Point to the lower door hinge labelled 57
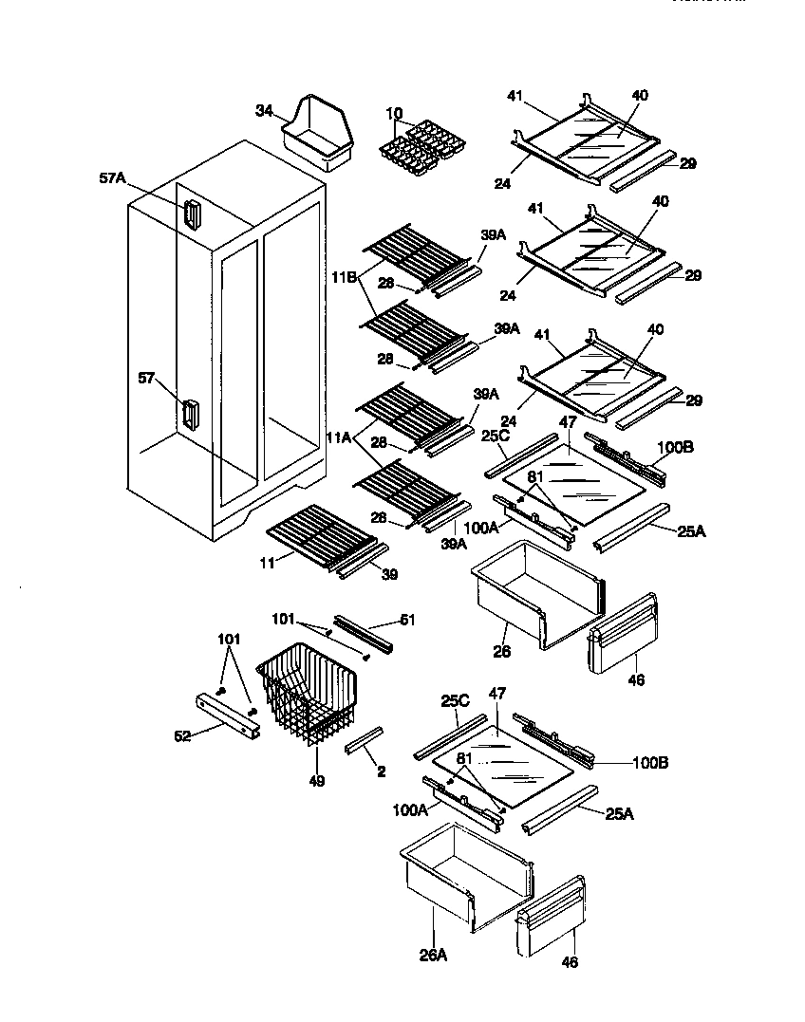[x=190, y=414]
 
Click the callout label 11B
[x=344, y=277]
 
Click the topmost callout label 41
[x=515, y=96]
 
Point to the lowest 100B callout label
[x=650, y=761]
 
